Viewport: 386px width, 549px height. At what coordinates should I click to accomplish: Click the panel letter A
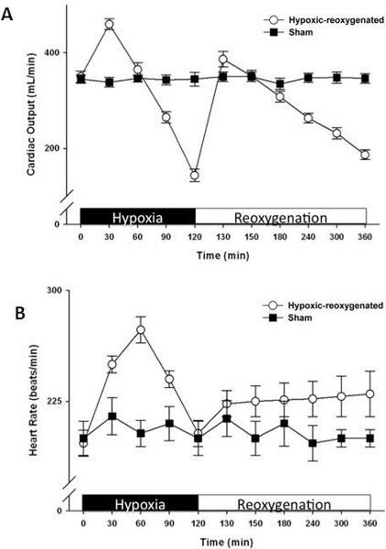(x=7, y=14)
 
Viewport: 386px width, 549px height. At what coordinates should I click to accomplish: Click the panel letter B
(x=20, y=313)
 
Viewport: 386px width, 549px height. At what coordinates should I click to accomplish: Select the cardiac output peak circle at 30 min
(x=110, y=24)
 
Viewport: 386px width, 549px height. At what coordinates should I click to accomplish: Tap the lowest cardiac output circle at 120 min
(x=195, y=175)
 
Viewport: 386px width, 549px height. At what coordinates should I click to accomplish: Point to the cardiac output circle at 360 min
(x=365, y=155)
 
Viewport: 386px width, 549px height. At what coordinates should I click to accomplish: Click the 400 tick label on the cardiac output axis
(x=52, y=53)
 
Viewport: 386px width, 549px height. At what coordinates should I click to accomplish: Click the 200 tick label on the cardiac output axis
(x=52, y=148)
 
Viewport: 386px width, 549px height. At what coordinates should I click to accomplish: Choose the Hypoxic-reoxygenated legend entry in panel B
(x=324, y=306)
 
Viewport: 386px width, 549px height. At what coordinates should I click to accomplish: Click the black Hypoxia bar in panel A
(x=138, y=216)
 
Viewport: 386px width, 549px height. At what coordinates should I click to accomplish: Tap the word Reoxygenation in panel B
(x=284, y=504)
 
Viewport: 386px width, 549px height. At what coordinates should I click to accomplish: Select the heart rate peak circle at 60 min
(x=141, y=329)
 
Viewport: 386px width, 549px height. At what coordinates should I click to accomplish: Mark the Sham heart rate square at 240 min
(x=313, y=443)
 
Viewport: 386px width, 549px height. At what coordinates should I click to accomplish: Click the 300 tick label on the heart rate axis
(x=54, y=290)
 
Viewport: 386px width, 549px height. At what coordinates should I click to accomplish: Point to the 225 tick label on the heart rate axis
(x=54, y=401)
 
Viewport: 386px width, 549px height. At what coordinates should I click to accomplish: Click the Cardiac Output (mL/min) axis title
(x=31, y=114)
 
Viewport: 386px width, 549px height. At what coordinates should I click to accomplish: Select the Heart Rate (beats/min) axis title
(x=33, y=400)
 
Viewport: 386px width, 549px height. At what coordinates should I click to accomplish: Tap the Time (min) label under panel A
(x=223, y=255)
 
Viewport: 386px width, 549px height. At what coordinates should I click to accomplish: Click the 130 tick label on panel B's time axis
(x=227, y=523)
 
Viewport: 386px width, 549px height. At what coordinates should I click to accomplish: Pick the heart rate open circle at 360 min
(x=370, y=393)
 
